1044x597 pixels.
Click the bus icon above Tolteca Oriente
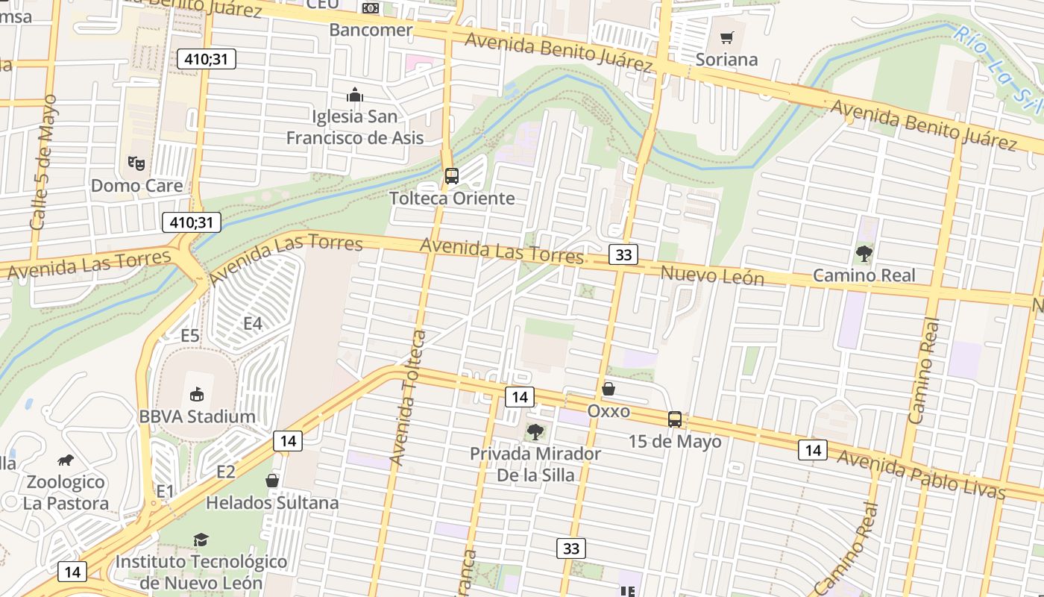click(x=451, y=176)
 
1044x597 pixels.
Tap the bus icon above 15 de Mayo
click(x=675, y=419)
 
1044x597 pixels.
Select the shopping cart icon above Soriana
click(x=726, y=37)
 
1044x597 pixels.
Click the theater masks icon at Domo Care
click(x=135, y=162)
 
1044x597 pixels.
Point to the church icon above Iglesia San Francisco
click(x=355, y=95)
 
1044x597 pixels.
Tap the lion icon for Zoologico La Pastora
click(x=66, y=460)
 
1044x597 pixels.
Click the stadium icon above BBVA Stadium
click(x=197, y=393)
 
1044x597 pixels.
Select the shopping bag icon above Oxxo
click(x=609, y=389)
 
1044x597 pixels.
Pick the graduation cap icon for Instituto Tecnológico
click(x=201, y=540)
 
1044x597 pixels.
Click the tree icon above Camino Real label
click(x=864, y=253)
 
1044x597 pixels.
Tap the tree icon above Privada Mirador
click(x=535, y=431)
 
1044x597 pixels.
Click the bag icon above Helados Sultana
click(x=272, y=481)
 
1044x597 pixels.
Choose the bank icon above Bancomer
click(x=371, y=8)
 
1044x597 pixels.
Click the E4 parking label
click(x=254, y=323)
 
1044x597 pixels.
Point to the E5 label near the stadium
click(x=190, y=335)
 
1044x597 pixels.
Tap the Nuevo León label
click(x=712, y=275)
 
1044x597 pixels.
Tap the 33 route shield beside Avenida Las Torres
click(x=623, y=254)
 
